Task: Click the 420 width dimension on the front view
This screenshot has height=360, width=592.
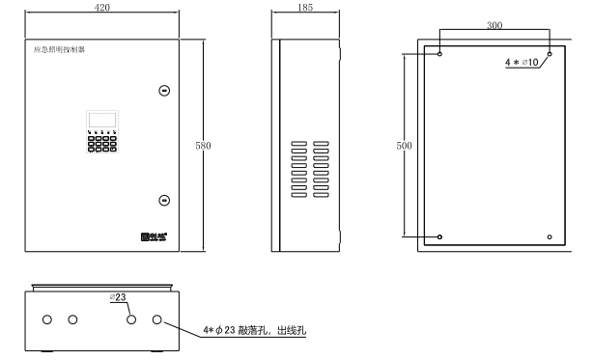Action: click(103, 7)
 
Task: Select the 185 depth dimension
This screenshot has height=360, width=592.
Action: click(306, 7)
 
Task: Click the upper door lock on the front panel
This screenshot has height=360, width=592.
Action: click(164, 91)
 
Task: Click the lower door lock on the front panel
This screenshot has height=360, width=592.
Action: click(164, 201)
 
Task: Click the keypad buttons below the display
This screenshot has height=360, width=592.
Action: click(100, 143)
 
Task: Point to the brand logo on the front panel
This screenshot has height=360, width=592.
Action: click(154, 235)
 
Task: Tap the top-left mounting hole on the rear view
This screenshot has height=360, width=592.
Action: click(440, 55)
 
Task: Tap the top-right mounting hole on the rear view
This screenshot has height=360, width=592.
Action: click(550, 55)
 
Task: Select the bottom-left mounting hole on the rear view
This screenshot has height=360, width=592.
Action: click(440, 236)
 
